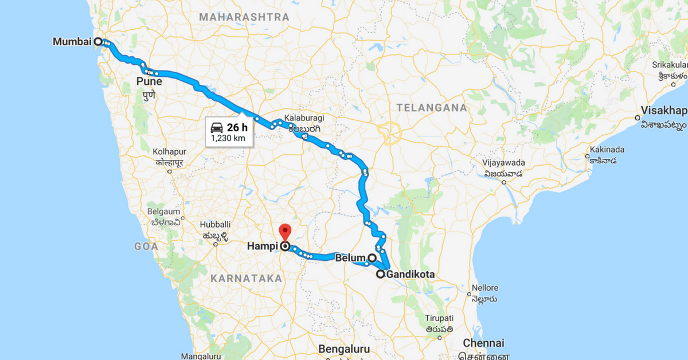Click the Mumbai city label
[72, 42]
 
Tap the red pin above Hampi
[285, 233]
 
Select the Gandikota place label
[411, 275]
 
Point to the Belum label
[350, 258]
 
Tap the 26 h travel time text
[236, 127]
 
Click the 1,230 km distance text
[228, 138]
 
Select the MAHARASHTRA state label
[244, 17]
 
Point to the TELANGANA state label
[431, 107]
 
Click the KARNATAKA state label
[246, 278]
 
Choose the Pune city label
[149, 82]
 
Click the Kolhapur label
[170, 151]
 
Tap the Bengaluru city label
[344, 349]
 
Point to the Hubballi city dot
[216, 244]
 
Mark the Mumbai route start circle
[98, 41]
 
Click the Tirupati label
[439, 318]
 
